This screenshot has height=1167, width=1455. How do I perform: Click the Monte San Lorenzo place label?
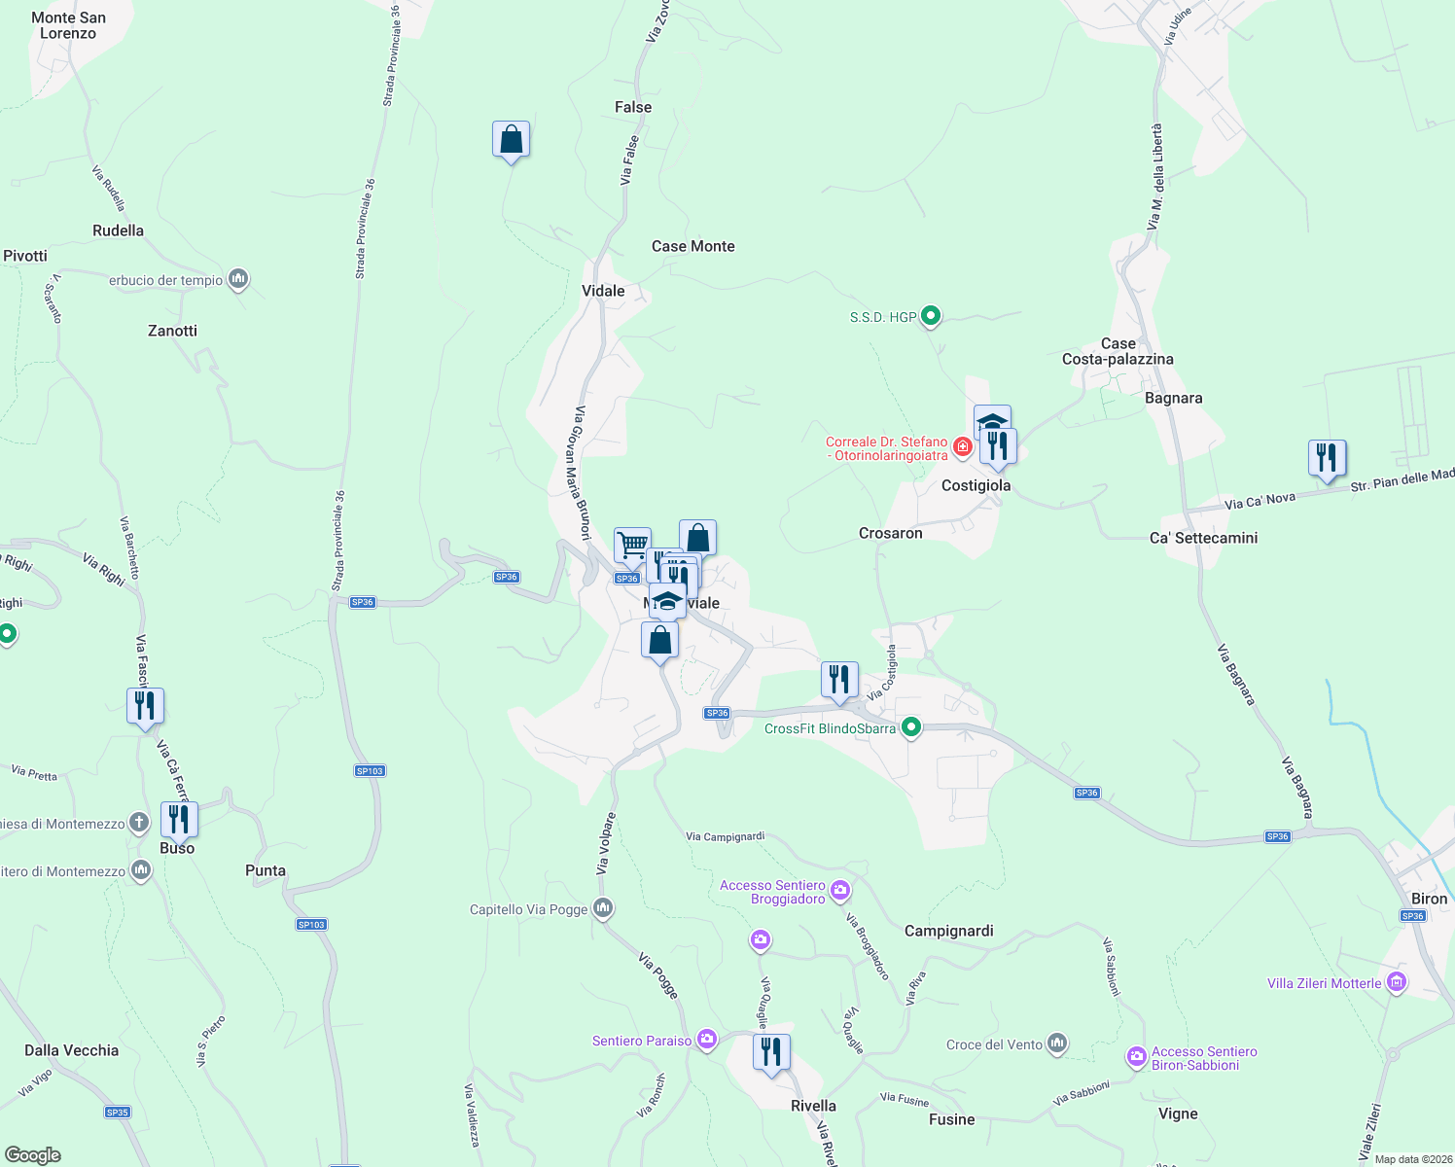[x=68, y=25]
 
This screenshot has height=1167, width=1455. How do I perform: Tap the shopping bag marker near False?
[x=511, y=140]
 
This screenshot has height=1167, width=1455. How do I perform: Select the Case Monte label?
[x=692, y=246]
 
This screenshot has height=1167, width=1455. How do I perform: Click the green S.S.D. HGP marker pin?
[x=931, y=315]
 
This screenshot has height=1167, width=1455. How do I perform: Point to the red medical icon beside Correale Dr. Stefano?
[x=962, y=446]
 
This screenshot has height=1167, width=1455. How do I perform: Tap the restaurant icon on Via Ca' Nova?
[x=1327, y=458]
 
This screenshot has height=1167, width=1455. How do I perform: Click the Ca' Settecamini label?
[x=1203, y=538]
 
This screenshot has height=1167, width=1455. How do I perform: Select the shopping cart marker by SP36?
[x=632, y=545]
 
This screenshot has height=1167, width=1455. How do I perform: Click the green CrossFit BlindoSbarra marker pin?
[x=911, y=726]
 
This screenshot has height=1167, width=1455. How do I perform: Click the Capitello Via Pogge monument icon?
[x=603, y=908]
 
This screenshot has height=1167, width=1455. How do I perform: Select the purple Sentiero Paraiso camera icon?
[x=707, y=1040]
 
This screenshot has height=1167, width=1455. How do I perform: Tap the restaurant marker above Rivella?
[x=770, y=1052]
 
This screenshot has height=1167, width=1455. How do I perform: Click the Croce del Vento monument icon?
[x=1057, y=1043]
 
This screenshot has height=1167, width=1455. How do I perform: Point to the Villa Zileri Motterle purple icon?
[x=1398, y=982]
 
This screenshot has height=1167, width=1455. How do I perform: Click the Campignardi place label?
[x=948, y=931]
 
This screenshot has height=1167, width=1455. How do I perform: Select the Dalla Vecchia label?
[x=71, y=1050]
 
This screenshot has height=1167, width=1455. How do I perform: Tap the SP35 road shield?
[x=117, y=1113]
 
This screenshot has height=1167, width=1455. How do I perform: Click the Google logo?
[x=33, y=1155]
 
